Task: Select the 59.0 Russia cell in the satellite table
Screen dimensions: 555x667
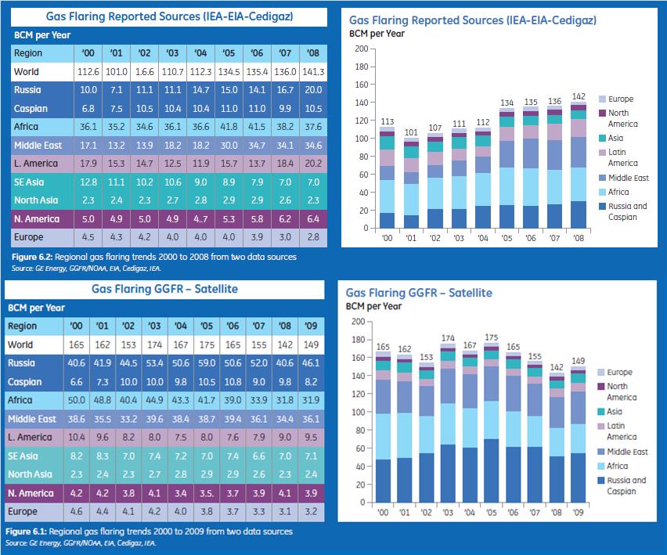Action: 207,363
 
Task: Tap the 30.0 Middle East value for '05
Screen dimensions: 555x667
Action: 229,146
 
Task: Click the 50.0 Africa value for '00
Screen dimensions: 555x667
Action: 76,400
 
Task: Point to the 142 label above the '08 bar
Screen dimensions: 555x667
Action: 579,96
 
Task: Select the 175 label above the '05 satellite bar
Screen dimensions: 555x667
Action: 492,338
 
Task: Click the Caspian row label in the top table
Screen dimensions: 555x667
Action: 31,109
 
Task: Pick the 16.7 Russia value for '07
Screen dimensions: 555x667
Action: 286,90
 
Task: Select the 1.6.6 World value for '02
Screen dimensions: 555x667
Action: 143,72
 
